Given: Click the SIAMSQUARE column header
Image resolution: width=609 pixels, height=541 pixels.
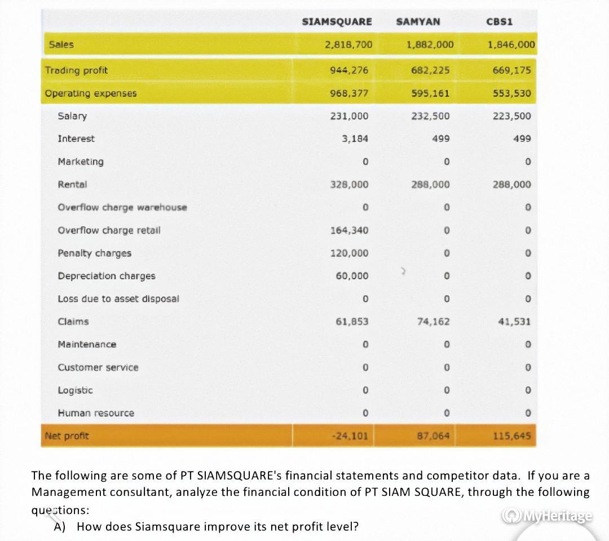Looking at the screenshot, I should click(x=337, y=21).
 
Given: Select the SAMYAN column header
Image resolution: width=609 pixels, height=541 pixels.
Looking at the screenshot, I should click(x=418, y=21).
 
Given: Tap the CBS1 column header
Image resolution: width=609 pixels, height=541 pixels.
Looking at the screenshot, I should click(x=499, y=21).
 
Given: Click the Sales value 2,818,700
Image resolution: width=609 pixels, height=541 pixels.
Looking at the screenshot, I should click(x=348, y=44).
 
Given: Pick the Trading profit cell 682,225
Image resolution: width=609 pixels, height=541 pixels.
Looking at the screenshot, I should click(x=430, y=71).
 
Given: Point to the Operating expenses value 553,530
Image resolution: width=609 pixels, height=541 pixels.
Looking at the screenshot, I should click(x=510, y=93).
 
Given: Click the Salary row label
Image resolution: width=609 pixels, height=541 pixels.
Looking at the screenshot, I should click(x=72, y=116).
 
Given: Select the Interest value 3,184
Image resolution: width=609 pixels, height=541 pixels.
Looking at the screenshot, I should click(x=355, y=139).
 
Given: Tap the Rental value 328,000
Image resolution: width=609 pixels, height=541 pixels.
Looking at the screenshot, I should click(x=349, y=184).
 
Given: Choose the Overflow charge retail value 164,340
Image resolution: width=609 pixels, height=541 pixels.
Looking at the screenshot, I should click(x=349, y=230).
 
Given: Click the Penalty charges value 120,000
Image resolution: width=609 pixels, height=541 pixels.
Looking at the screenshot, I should click(x=349, y=253).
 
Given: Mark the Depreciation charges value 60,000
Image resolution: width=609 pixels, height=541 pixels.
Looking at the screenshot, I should click(x=351, y=276).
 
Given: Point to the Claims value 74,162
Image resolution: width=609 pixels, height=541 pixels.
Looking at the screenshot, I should click(x=433, y=322).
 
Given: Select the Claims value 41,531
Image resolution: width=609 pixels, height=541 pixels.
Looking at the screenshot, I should click(x=514, y=322).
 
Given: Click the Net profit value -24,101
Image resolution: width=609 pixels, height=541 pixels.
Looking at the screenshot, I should click(x=351, y=436).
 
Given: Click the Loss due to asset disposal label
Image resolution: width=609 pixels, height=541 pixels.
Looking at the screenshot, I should click(x=118, y=298).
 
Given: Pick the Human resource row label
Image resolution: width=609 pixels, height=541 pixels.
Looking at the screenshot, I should click(x=96, y=413).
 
